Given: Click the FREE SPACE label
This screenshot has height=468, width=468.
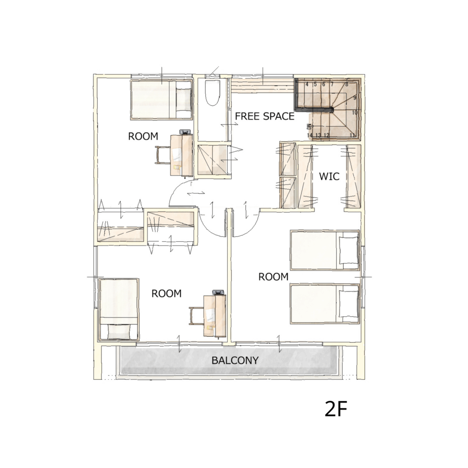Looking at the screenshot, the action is [265, 116].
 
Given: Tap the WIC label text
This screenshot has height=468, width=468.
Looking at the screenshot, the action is [329, 176].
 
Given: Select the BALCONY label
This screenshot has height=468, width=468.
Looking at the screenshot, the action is [235, 361].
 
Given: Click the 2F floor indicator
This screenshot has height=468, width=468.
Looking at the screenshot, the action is [336, 409].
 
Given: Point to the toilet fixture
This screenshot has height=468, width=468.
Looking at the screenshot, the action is [213, 92].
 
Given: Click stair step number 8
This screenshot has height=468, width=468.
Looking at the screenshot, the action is [347, 85].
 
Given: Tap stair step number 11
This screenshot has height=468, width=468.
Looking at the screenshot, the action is [353, 135].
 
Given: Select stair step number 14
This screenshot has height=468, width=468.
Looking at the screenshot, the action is [310, 135].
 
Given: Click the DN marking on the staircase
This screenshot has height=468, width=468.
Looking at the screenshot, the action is [309, 126].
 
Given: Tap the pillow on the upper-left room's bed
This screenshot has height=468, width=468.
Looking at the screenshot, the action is [183, 100].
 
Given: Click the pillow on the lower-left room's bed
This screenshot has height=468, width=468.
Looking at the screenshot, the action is [119, 332].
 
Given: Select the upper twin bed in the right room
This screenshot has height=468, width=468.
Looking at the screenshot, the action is [325, 250].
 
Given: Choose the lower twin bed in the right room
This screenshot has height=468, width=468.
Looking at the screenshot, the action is [325, 303].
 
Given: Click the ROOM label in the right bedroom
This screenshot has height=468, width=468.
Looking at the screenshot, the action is [273, 277].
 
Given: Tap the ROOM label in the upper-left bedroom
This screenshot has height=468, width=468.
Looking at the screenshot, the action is [143, 136].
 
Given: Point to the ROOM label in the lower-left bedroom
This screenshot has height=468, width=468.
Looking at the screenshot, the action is [166, 294].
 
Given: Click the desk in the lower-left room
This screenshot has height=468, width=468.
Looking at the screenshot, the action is [215, 315].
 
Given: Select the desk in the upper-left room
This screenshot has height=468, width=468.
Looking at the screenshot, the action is [181, 155].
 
